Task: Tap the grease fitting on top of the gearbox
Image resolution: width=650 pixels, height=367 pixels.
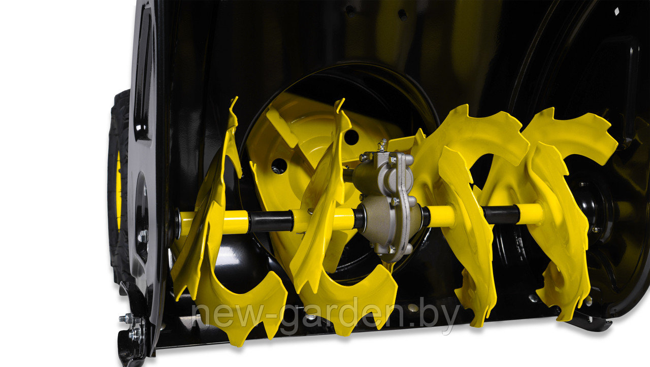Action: (382, 145)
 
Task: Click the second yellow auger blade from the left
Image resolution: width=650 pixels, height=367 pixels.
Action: (334, 232)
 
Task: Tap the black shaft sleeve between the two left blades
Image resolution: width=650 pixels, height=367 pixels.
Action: (271, 221)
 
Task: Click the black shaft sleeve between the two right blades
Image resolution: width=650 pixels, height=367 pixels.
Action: (501, 214)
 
